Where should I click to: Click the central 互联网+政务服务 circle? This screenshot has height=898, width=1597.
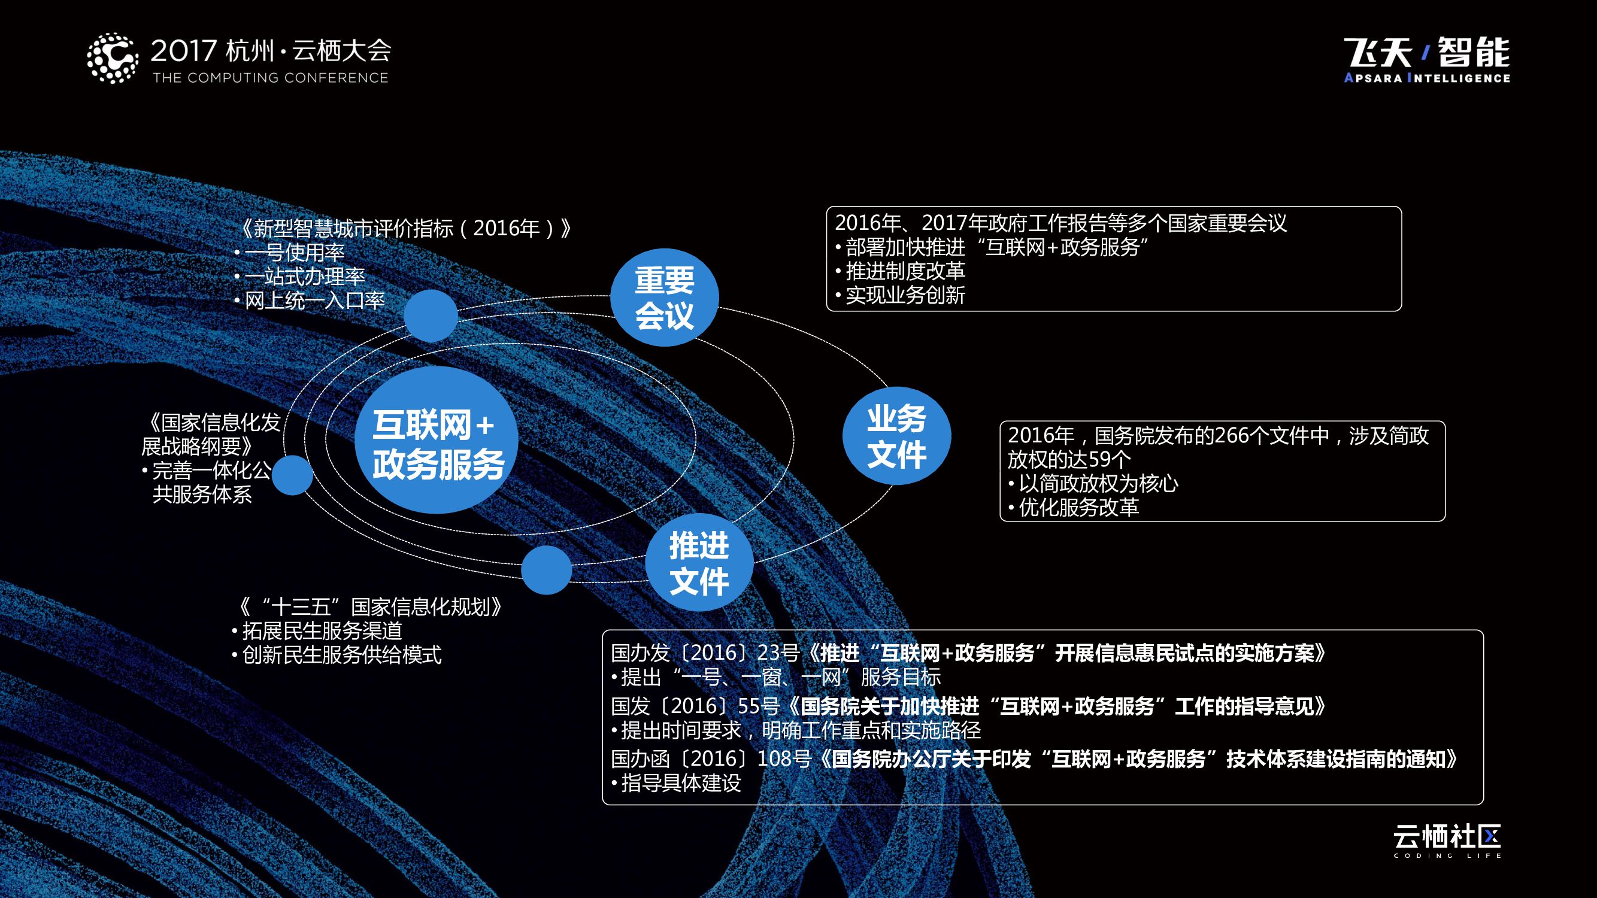[x=436, y=439]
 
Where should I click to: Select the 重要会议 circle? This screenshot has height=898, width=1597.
[x=664, y=298]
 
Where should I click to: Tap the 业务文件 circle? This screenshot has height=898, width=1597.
[x=896, y=436]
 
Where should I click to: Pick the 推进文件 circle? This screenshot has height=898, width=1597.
[x=699, y=563]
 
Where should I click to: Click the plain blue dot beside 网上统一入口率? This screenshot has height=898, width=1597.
[x=431, y=315]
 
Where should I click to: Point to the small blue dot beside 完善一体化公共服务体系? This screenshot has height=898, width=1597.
[x=292, y=475]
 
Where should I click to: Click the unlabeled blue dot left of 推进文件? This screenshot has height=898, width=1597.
[x=546, y=570]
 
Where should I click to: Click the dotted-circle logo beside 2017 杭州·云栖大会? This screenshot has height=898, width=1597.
[x=112, y=58]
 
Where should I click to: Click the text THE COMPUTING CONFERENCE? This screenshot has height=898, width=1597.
[x=270, y=78]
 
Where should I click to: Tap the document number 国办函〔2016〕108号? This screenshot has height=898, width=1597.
[x=710, y=759]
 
